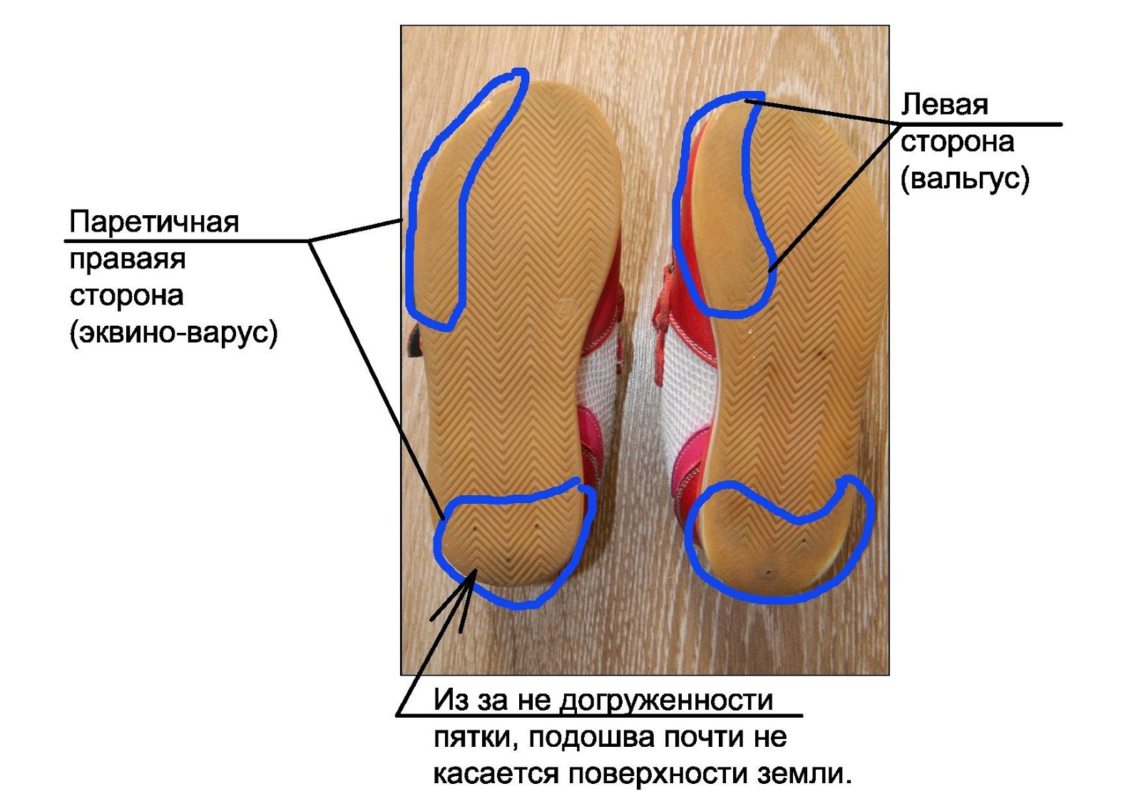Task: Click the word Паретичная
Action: pyautogui.click(x=154, y=223)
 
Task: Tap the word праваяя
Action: pyautogui.click(x=128, y=259)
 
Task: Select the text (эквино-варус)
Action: pyautogui.click(x=173, y=333)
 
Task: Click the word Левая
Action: pyautogui.click(x=944, y=105)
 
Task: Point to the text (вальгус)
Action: pyautogui.click(x=965, y=178)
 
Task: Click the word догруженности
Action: pyautogui.click(x=666, y=701)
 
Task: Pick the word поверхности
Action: pyautogui.click(x=658, y=774)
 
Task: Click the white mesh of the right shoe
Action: pyautogui.click(x=686, y=385)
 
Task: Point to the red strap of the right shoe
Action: pyautogui.click(x=667, y=299)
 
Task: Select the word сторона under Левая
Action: pyautogui.click(x=957, y=142)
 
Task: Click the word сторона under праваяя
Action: pyautogui.click(x=126, y=296)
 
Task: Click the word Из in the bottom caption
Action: pyautogui.click(x=449, y=701)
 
